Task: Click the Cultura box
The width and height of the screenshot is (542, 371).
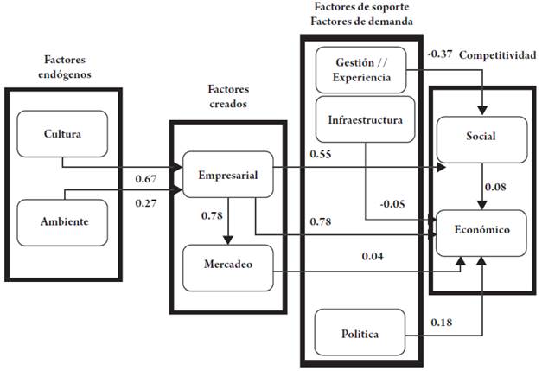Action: point(62,134)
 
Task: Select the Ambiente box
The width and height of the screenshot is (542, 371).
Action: point(62,222)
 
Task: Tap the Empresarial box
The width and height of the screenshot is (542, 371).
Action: point(228,175)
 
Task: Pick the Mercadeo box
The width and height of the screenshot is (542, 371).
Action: point(228,268)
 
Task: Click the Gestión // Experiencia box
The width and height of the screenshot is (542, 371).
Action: point(360,70)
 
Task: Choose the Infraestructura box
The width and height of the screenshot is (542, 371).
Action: point(365,119)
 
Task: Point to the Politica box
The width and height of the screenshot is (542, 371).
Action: point(360,332)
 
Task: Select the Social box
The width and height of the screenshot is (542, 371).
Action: point(481,140)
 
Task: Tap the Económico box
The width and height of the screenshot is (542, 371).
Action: point(481,233)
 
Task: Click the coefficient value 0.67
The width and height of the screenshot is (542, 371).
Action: point(146,179)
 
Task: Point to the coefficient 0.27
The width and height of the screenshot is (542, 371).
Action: point(146,203)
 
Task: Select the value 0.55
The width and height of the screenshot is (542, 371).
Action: point(321,154)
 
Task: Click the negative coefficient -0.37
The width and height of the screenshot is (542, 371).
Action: point(440,54)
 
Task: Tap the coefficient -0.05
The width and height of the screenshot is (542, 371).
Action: point(392,204)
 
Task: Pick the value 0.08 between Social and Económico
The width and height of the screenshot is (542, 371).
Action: point(495,187)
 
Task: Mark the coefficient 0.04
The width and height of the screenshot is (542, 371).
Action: point(373,256)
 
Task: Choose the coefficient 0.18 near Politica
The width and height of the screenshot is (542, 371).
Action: point(442,323)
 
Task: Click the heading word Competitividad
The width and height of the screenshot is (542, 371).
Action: point(498,55)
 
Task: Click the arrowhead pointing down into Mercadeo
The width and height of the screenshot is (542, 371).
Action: point(228,240)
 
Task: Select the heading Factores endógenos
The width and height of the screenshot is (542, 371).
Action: point(65,67)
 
